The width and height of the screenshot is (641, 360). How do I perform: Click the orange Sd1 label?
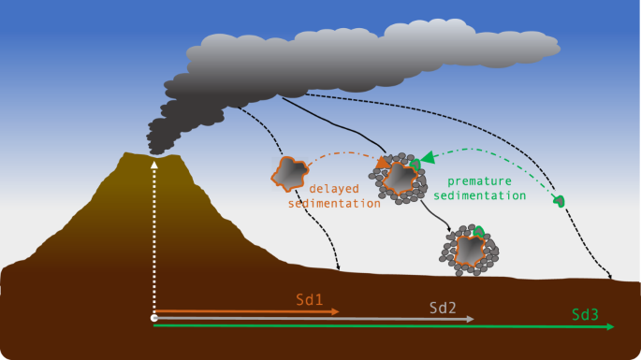coord(309,300)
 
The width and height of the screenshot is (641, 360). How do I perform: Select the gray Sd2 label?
coord(443,307)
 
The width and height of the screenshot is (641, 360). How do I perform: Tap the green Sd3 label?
coord(585,314)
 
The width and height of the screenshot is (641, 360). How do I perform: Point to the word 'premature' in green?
coord(478,181)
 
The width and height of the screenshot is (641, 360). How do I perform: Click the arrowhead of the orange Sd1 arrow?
coord(334,311)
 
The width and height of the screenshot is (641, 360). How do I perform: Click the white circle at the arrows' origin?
coord(154,319)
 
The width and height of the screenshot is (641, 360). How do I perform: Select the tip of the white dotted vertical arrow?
coord(154,164)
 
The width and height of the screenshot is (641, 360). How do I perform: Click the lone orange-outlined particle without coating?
coord(289,173)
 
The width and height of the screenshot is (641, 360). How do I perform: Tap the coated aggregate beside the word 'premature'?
coord(401,176)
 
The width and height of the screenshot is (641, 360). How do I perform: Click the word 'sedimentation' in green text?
coord(486,195)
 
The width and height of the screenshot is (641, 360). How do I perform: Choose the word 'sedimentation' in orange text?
coord(333,203)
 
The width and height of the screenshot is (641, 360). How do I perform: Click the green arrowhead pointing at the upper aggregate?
coord(426,159)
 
